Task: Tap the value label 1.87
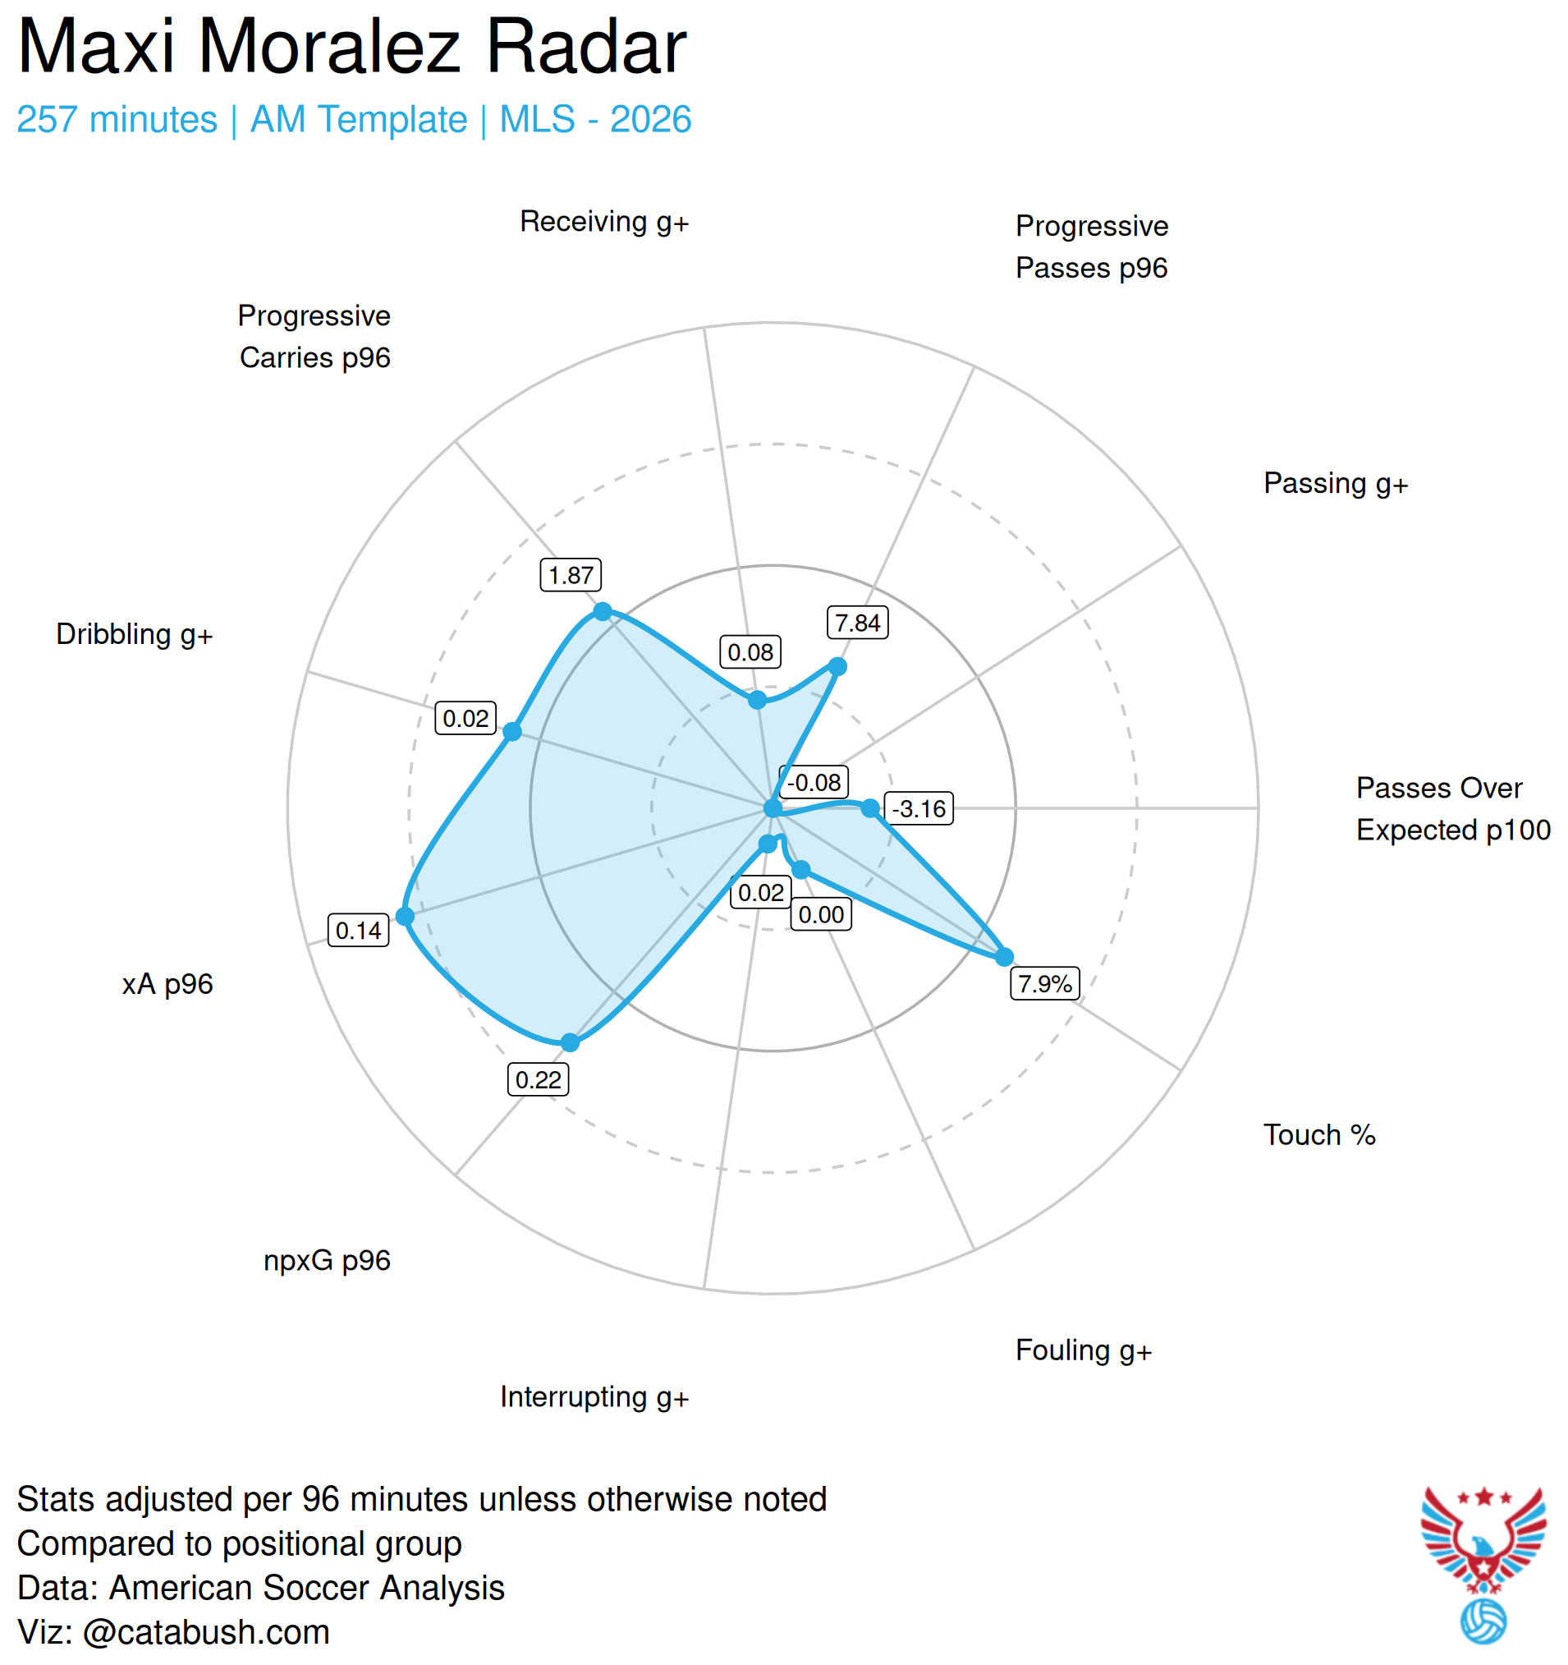[x=570, y=575]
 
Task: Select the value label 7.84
[x=857, y=623]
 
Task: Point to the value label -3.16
[x=919, y=808]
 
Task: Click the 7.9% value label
[x=1044, y=983]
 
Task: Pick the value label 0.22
[x=538, y=1079]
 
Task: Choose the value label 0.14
[x=357, y=931]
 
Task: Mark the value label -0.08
[x=814, y=782]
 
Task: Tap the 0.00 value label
[x=820, y=913]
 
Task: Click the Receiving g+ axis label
[x=603, y=222]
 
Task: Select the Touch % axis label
[x=1318, y=1135]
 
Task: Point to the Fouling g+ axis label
[x=1084, y=1350]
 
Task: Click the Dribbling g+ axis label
[x=134, y=634]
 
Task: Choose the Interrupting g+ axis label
[x=594, y=1397]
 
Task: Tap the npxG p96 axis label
[x=327, y=1261]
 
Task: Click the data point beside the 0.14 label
[x=405, y=916]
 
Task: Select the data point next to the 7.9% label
[x=1004, y=956]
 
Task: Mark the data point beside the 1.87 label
[x=602, y=612]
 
